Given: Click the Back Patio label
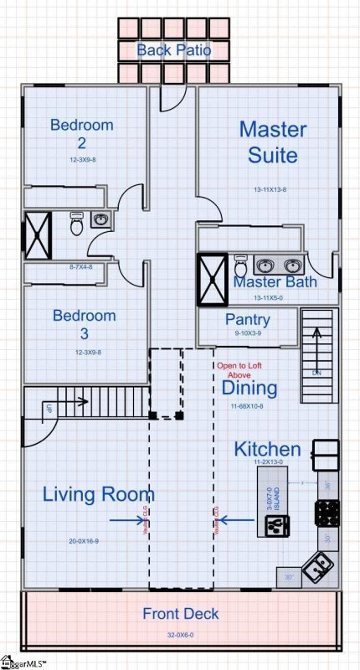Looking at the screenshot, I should [x=174, y=50].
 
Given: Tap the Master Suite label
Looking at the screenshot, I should [x=273, y=142].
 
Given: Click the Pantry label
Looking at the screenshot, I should [x=248, y=320].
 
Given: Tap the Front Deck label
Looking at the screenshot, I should [x=180, y=614].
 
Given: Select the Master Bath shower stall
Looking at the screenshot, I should [x=213, y=278].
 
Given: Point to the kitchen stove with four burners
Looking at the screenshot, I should [x=327, y=512].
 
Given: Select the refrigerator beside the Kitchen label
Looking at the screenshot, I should [x=325, y=454].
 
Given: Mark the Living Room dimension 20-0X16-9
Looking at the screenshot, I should [x=85, y=541].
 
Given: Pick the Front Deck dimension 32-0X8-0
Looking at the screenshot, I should [x=180, y=634].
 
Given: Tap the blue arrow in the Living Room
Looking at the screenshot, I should [x=126, y=520].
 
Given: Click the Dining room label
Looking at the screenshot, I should [x=249, y=389].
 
